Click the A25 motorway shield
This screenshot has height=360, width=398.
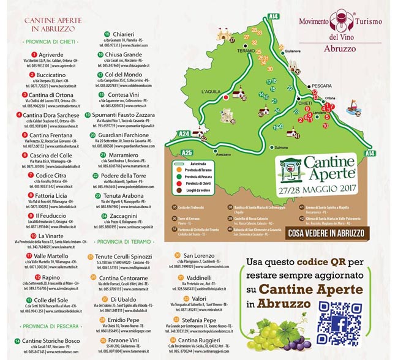[187, 151]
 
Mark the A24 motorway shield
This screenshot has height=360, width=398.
[183, 133]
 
